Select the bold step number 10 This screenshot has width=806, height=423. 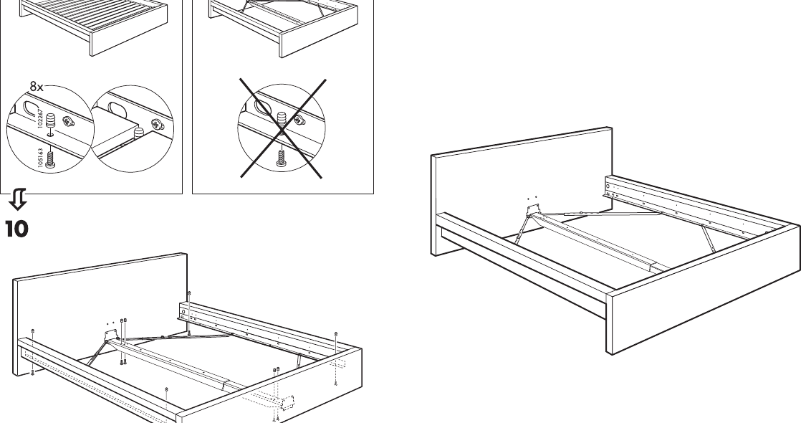pyautogui.click(x=17, y=229)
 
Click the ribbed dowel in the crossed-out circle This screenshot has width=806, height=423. pyautogui.click(x=281, y=119)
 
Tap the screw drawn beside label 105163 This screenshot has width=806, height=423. pyautogui.click(x=49, y=161)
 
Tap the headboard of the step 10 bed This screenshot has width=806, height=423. pyautogui.click(x=100, y=287)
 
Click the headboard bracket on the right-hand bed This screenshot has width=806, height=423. pyautogui.click(x=532, y=209)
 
